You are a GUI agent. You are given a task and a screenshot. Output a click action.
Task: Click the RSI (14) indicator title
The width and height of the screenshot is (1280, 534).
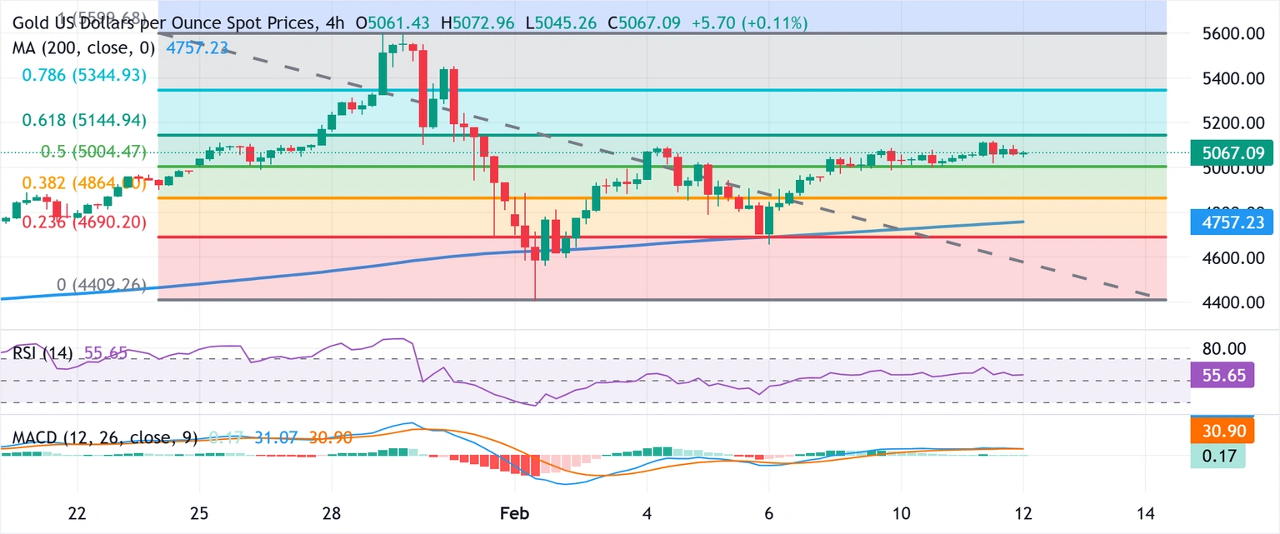(42, 353)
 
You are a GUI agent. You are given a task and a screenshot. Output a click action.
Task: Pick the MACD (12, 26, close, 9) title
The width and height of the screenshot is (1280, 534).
(104, 438)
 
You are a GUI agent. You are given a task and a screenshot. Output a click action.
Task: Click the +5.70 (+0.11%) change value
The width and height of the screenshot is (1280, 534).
(749, 24)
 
